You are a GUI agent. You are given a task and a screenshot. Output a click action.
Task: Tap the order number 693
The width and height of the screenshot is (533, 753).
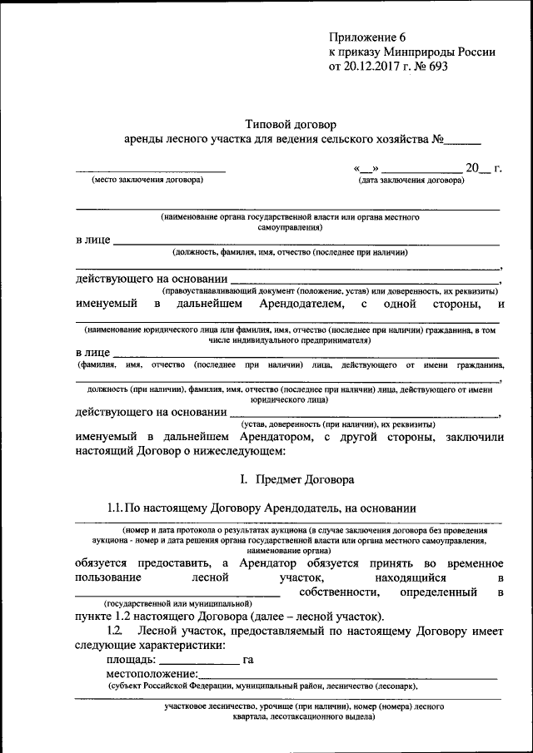point(438,67)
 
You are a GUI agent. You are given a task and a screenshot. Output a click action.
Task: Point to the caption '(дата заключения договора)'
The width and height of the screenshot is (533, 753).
point(411,180)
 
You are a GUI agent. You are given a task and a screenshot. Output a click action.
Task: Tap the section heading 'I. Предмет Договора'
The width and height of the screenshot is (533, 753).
point(296,480)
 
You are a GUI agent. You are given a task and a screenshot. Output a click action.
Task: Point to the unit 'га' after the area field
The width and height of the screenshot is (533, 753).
point(248,660)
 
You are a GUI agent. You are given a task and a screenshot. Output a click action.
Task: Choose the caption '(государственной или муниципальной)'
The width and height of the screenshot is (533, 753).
point(177,602)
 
